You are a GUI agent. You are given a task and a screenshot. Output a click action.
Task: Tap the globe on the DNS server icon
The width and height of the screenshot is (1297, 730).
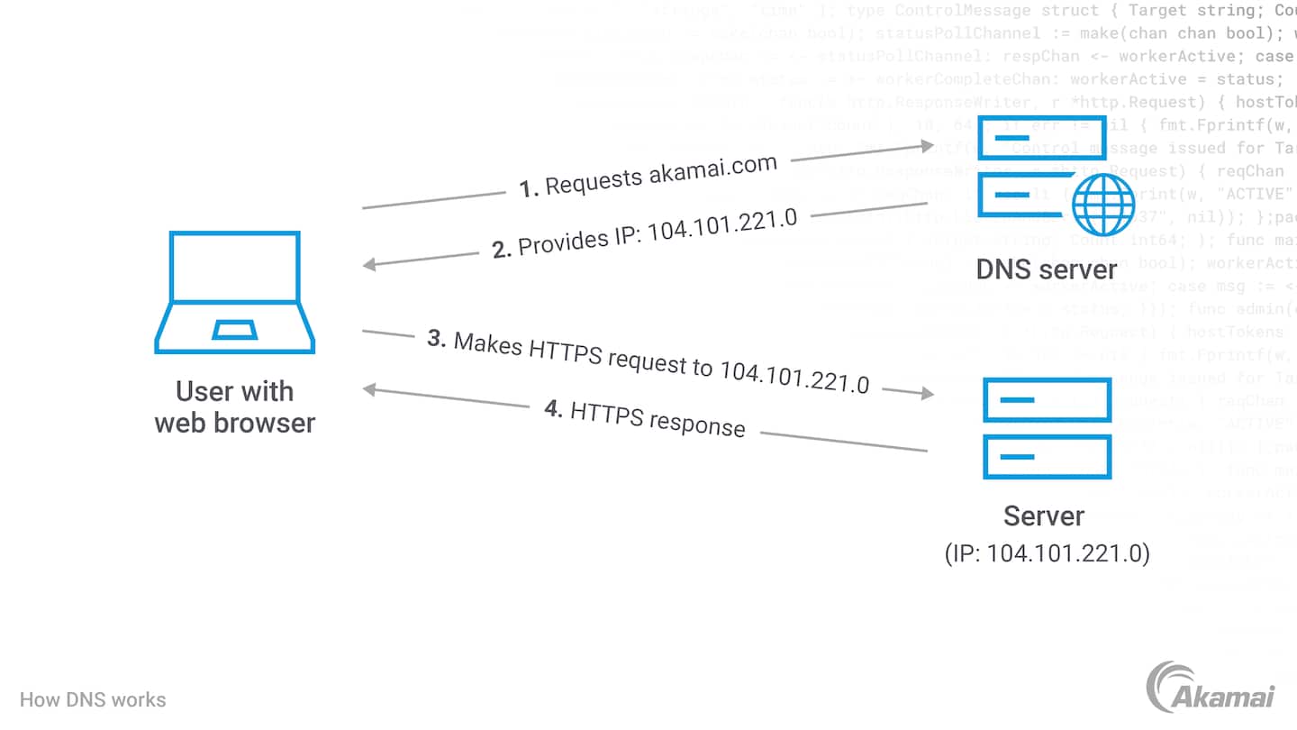click(x=1103, y=205)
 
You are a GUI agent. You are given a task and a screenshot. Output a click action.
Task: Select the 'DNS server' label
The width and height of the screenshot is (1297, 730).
click(x=1047, y=269)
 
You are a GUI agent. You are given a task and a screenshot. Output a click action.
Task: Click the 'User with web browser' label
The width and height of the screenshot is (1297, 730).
click(x=235, y=406)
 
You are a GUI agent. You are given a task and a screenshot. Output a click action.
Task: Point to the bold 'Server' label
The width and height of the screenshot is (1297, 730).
click(x=1044, y=516)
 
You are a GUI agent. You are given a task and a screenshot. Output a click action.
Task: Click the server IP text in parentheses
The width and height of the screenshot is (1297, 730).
click(x=1048, y=552)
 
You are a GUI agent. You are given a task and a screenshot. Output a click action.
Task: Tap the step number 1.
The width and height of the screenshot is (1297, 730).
click(x=529, y=189)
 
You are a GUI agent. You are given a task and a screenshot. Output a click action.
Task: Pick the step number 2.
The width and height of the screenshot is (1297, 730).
click(x=502, y=250)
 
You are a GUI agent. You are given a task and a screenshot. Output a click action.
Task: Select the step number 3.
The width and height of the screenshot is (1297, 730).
click(x=437, y=339)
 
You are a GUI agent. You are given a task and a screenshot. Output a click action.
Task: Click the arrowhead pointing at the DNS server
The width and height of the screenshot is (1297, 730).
click(x=928, y=145)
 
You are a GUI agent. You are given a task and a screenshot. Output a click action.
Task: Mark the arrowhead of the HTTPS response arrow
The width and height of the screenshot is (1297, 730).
click(x=369, y=389)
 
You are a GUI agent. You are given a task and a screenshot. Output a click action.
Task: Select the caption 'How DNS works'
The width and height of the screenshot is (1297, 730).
click(x=93, y=700)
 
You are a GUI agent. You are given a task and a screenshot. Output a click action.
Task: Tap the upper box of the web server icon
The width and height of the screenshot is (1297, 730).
click(x=1047, y=400)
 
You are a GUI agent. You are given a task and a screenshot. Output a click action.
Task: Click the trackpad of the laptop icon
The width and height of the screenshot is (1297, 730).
click(x=234, y=330)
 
